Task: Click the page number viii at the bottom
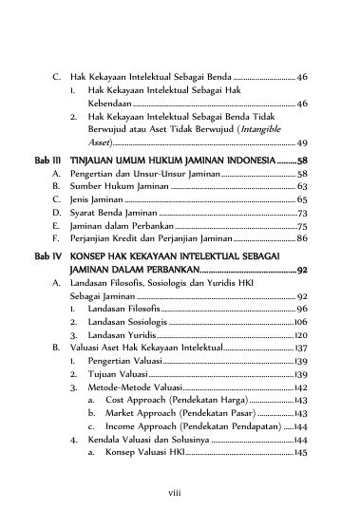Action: click(x=180, y=494)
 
